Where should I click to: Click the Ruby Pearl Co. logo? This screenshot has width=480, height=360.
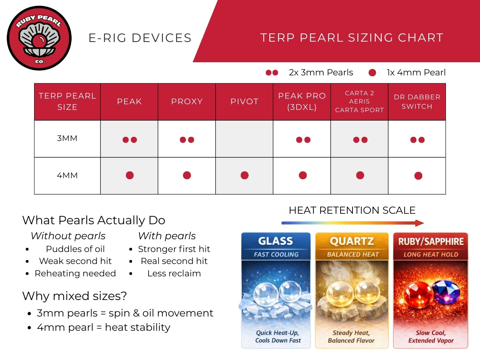(39, 38)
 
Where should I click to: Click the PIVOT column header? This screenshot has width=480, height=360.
(244, 102)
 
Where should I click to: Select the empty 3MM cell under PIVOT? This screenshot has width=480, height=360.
(244, 139)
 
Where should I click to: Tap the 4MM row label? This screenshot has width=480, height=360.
(67, 175)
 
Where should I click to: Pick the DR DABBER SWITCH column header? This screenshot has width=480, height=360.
(417, 102)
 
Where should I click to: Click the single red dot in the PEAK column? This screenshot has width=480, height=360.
(130, 175)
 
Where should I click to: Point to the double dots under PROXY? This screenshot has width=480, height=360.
(187, 140)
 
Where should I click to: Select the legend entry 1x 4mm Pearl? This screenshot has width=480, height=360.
(416, 72)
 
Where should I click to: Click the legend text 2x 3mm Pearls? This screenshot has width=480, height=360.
(321, 72)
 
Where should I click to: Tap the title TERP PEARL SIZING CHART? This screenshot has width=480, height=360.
(352, 37)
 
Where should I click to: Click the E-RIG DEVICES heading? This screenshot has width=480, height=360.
(140, 38)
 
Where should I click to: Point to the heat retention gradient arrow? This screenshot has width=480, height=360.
(352, 223)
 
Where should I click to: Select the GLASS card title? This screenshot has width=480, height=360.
(276, 241)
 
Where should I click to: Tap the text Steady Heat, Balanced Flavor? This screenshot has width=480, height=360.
(351, 336)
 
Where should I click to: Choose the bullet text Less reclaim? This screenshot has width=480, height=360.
(174, 273)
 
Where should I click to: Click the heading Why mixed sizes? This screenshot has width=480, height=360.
(75, 296)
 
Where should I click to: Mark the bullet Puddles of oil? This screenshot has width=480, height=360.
(75, 249)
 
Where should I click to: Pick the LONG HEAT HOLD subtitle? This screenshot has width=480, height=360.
(430, 255)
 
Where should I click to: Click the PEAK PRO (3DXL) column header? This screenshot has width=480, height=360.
(301, 102)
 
